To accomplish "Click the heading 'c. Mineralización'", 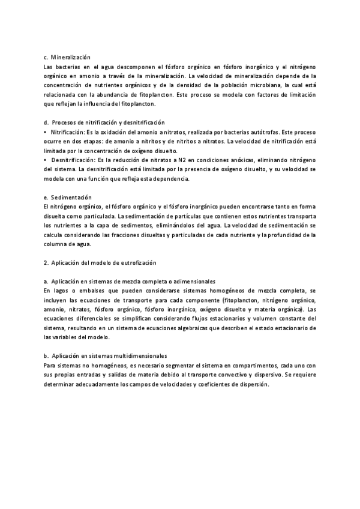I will pos(67,56).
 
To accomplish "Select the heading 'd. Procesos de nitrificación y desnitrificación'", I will pos(104,122).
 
